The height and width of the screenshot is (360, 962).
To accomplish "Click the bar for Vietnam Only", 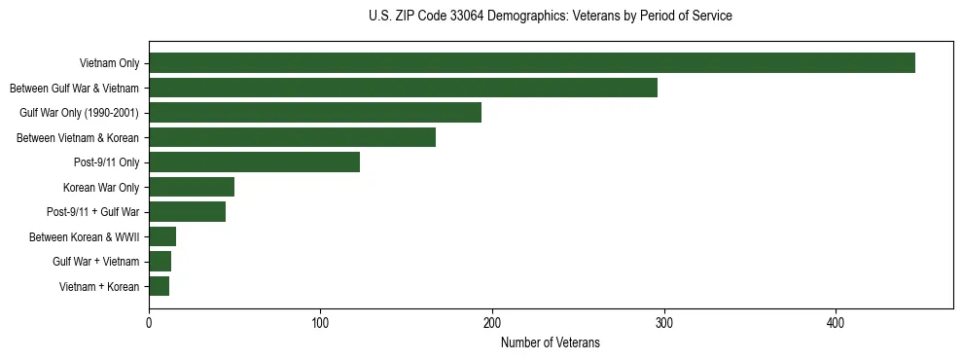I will coord(532,63).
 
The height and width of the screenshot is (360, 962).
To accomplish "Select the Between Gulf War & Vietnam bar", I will coord(403,88).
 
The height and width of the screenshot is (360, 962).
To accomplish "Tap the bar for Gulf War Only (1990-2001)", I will coord(315,113).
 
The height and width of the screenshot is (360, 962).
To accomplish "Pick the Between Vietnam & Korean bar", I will coord(292,137).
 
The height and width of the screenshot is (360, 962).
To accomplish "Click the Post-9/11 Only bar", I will coord(254,162).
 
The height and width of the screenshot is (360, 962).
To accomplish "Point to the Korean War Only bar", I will coord(192,187).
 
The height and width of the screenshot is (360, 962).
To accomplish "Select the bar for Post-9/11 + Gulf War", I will coord(187,212).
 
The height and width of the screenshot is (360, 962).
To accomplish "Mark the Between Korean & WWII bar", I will coord(162,236).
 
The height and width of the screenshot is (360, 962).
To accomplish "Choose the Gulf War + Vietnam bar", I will coord(160,262).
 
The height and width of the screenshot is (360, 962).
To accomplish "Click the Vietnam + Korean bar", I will coord(160,286).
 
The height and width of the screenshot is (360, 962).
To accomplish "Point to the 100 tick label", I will coord(320,322).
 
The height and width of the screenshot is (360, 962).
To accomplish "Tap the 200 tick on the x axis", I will coord(492,322).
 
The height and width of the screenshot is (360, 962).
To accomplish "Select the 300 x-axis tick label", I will coord(664,322).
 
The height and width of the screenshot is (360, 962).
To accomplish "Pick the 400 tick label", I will coord(836,322).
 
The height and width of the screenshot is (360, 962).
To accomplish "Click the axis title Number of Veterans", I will coord(550,342).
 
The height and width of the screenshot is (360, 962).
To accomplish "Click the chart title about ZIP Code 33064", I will coord(550,17).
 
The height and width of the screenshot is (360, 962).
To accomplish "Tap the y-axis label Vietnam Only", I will coord(109,63).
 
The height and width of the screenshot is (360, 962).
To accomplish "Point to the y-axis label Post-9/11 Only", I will coord(107,162).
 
